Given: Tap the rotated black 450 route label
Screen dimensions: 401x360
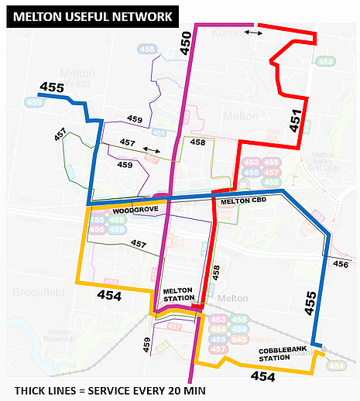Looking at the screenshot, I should (186, 43).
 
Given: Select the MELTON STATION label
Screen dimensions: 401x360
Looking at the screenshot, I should (180, 295).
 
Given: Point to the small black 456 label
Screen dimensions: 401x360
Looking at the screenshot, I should (341, 265).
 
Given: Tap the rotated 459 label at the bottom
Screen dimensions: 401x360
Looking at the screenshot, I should (147, 345).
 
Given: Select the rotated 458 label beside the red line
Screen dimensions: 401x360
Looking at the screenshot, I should (216, 272).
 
